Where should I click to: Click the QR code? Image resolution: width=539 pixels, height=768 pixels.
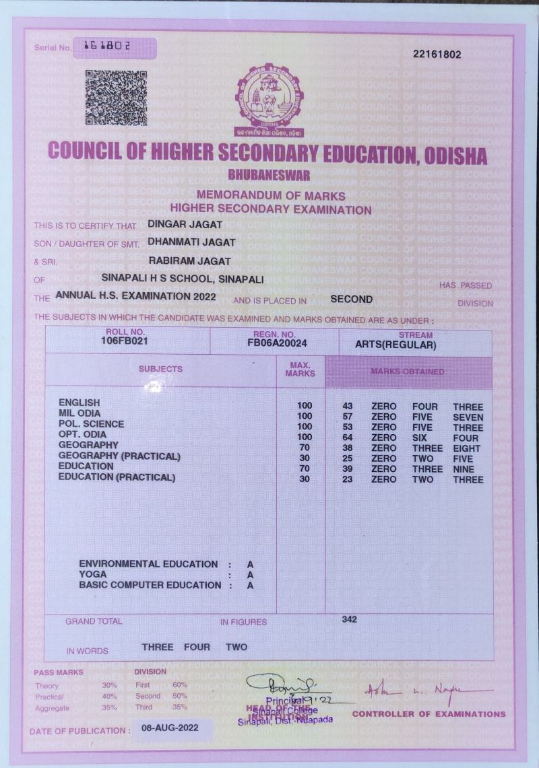(x=116, y=98)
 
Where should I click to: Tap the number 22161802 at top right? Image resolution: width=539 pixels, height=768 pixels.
(x=437, y=55)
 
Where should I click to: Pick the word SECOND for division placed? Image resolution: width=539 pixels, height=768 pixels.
(x=351, y=299)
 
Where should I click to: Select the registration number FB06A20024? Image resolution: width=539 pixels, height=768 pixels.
(x=277, y=343)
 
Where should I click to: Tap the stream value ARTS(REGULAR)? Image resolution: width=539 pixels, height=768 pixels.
(x=395, y=345)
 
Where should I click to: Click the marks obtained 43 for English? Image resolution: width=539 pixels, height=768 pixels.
(x=348, y=407)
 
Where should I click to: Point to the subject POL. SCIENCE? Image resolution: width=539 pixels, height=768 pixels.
(x=91, y=424)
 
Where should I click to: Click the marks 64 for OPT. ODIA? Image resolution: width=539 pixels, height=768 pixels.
(x=348, y=438)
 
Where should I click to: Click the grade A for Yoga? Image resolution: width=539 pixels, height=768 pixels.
(x=250, y=575)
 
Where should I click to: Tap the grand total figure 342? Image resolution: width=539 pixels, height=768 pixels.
(x=349, y=619)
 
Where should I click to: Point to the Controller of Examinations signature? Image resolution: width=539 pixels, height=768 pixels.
(x=429, y=691)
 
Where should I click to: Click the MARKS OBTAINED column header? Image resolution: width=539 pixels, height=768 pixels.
(x=408, y=372)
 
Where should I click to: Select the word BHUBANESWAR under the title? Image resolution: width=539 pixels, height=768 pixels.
(x=269, y=175)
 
